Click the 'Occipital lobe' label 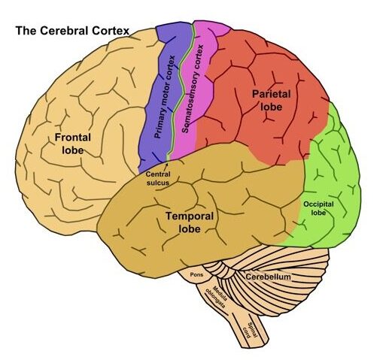tap(318, 208)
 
